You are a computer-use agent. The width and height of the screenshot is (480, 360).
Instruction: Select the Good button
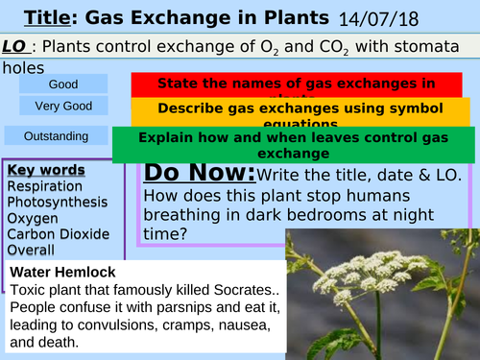click(56, 84)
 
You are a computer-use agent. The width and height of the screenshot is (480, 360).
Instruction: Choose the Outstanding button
click(56, 135)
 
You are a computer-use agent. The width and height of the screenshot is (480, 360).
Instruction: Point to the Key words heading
click(45, 171)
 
